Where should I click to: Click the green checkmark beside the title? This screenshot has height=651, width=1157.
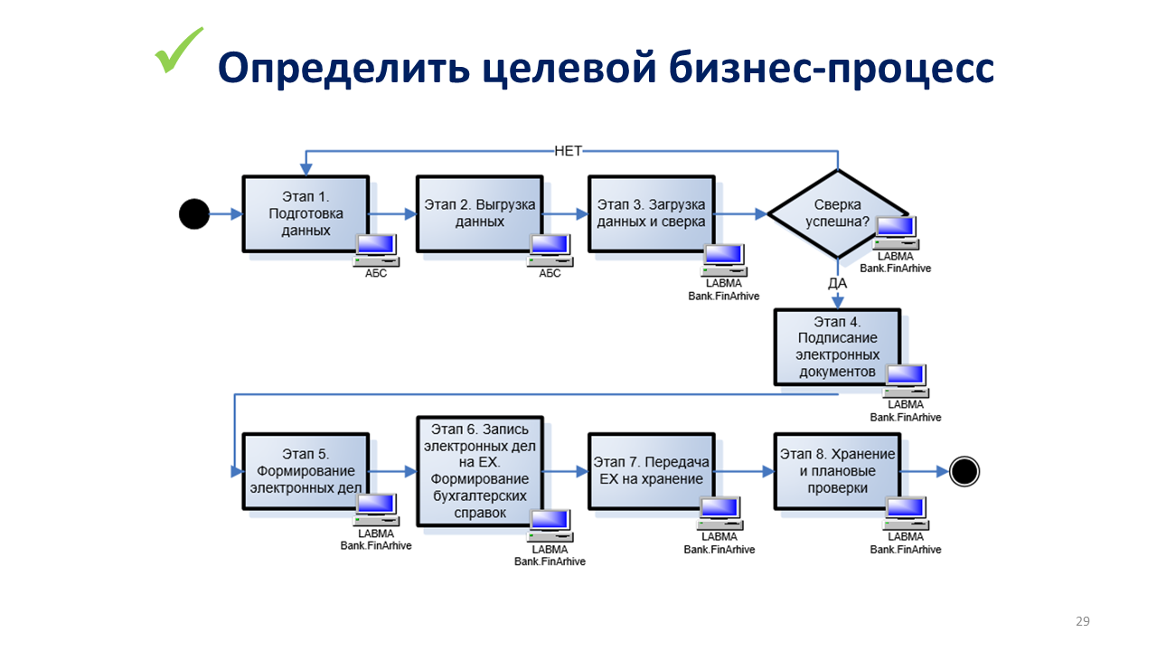tap(179, 51)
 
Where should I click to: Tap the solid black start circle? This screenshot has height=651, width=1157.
tap(194, 214)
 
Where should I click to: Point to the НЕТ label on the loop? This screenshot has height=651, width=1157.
tap(568, 151)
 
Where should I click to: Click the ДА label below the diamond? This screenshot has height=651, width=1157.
tap(837, 283)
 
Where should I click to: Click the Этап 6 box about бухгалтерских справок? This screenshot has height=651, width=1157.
tap(479, 471)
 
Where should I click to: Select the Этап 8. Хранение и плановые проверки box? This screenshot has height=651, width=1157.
tap(837, 471)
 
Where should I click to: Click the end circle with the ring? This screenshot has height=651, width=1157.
tap(964, 471)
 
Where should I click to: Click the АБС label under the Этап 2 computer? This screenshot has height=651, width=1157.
tap(550, 273)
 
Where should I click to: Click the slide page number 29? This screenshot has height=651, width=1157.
tap(1082, 621)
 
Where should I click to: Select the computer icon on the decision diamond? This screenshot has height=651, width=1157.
tap(896, 231)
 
